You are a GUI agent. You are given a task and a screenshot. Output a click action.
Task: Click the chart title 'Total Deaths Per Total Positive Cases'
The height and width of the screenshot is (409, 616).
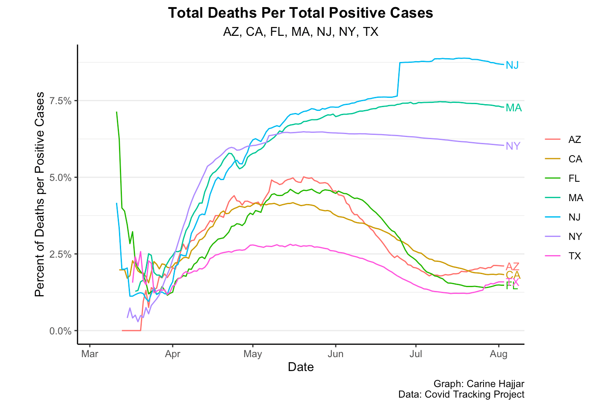(x=300, y=13)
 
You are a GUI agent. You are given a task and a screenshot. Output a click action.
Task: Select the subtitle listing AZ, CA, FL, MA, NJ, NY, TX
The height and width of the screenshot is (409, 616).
(x=300, y=32)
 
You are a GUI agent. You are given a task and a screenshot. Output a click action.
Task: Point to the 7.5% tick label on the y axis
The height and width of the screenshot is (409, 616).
(x=61, y=101)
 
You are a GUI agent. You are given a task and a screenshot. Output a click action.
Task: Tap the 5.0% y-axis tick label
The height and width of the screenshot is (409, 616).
(x=61, y=178)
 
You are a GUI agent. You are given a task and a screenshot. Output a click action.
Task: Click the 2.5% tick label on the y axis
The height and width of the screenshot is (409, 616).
(x=61, y=254)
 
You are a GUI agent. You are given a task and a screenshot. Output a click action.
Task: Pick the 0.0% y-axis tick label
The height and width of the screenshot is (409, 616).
(x=61, y=331)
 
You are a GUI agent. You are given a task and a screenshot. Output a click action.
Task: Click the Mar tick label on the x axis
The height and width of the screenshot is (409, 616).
(x=89, y=354)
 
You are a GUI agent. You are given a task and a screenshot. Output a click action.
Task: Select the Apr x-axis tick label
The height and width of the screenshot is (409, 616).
(x=173, y=354)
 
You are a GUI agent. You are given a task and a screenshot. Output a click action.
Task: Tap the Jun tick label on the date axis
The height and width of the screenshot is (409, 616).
(x=335, y=354)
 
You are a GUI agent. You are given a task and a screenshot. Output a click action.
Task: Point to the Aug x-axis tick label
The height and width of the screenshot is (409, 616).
(x=499, y=354)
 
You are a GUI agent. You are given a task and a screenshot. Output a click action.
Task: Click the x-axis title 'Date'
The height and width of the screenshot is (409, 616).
(x=300, y=367)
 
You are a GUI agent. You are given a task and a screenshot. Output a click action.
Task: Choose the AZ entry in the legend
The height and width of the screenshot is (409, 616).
(x=575, y=140)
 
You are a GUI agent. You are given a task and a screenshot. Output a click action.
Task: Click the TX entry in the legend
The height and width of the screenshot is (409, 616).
(x=575, y=256)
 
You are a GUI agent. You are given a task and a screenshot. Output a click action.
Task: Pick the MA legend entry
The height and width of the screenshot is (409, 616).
(x=575, y=198)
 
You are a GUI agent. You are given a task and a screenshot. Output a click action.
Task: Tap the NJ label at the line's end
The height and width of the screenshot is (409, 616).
(x=512, y=65)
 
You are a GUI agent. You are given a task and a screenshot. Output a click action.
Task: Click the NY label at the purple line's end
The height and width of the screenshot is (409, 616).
(x=513, y=146)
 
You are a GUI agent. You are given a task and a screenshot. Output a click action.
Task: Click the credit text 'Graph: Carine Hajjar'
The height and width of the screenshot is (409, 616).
(x=479, y=384)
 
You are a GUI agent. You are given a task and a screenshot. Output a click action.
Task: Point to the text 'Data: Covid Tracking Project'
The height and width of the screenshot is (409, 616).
(x=461, y=394)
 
